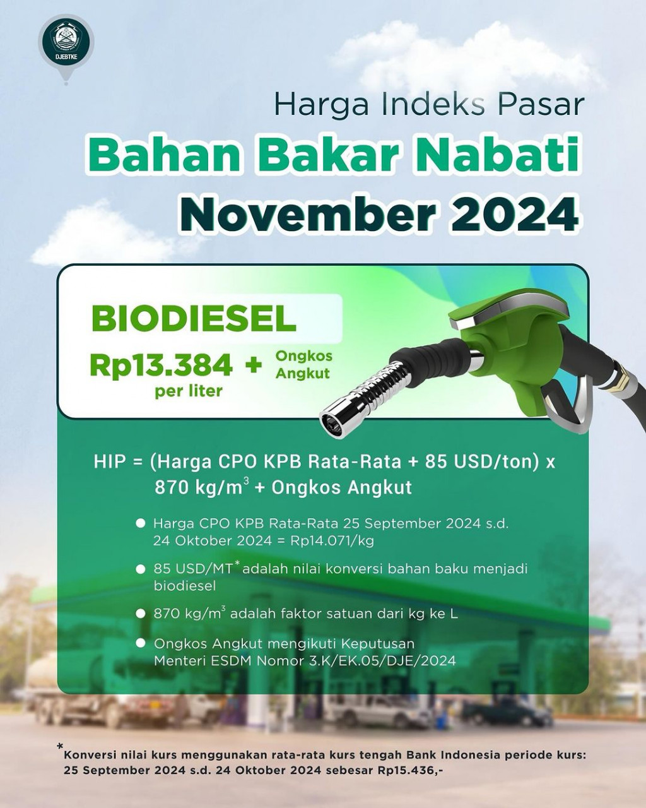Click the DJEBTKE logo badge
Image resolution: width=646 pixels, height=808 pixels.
pos(66,42)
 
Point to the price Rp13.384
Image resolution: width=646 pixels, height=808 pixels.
pos(161,365)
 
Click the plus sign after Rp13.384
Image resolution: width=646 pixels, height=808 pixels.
pos(254,365)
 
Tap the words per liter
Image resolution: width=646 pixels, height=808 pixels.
pos(189,391)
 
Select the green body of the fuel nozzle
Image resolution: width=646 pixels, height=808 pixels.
pos(518,349)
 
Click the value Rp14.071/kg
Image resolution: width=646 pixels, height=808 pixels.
pos(332,541)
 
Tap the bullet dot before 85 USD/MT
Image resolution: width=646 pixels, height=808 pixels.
pos(141,569)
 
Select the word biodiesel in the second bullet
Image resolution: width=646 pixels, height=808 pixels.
pos(185,586)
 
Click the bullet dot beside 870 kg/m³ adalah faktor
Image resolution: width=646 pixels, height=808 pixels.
pos(141,614)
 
